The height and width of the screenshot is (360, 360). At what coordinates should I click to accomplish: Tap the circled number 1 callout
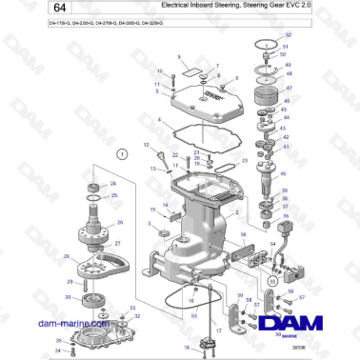click(x=121, y=152)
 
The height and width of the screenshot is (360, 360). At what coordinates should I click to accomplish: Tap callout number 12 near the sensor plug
click(x=148, y=145)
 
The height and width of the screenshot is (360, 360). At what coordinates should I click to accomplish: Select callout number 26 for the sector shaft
click(x=118, y=224)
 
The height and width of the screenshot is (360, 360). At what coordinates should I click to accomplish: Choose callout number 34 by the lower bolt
click(x=58, y=352)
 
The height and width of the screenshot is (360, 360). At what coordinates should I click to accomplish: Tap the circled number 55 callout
click(x=274, y=282)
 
